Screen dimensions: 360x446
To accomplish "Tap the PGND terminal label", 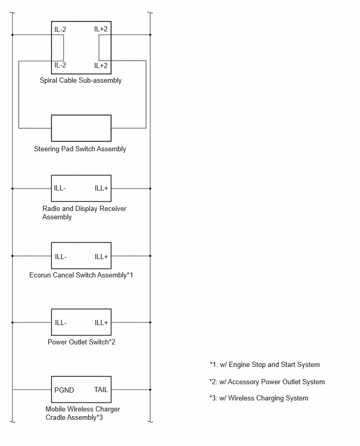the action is [64, 390].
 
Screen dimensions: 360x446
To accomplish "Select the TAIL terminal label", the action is [101, 389].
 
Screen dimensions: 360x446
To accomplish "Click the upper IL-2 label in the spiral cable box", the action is [60, 29].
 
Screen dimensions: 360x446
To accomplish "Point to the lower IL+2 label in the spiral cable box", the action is [101, 65].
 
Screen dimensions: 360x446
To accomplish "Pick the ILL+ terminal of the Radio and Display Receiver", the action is [101, 188].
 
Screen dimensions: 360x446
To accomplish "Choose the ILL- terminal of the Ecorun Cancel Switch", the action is [61, 257].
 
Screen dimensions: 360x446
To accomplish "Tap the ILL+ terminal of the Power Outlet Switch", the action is [101, 322].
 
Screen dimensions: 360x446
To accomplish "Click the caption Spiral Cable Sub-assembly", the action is [81, 81].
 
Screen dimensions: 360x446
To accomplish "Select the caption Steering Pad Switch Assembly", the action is [80, 149].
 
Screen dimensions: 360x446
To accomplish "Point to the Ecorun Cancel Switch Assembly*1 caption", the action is [81, 275].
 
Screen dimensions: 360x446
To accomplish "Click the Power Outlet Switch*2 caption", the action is [81, 342].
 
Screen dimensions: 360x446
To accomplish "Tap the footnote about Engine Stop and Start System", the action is [265, 365].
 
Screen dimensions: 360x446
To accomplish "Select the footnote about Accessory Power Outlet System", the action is [267, 382].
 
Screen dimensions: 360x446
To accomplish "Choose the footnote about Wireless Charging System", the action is [259, 398].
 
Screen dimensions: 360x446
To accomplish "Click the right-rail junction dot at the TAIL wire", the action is [150, 389].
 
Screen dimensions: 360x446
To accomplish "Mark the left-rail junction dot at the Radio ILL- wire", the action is [13, 188].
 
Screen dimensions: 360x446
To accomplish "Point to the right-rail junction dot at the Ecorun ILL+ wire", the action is [150, 256].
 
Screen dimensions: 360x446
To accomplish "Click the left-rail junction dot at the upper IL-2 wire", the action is [13, 35].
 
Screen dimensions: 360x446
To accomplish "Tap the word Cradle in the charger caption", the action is [54, 417].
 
